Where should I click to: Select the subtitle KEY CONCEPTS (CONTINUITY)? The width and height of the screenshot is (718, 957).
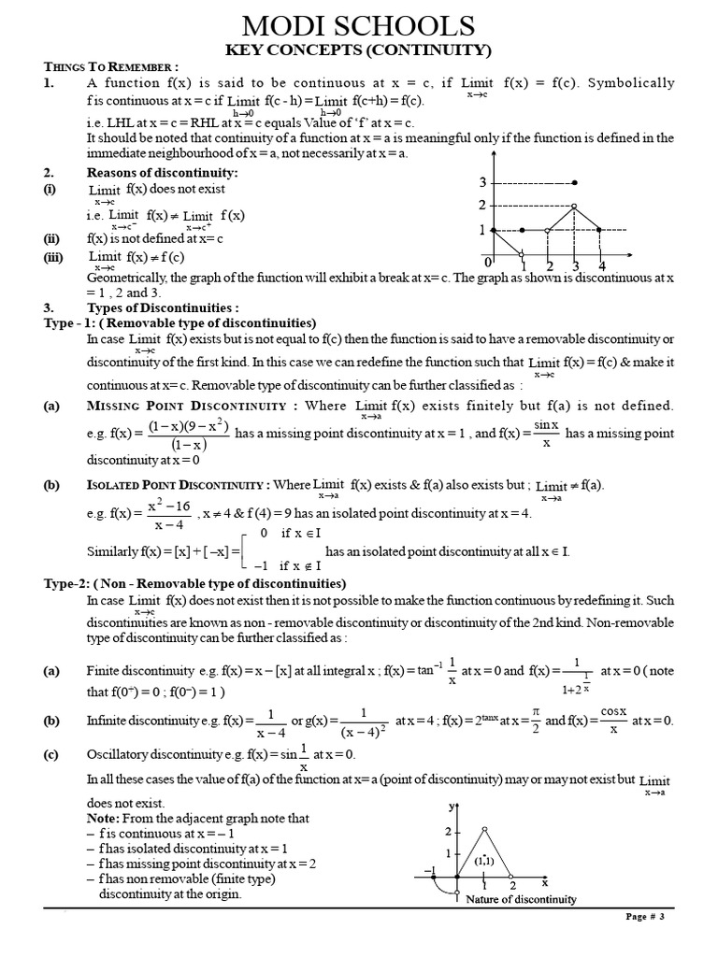pos(359,50)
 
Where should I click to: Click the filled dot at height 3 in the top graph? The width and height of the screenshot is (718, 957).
pos(574,182)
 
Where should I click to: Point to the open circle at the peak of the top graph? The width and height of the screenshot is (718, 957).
pos(574,206)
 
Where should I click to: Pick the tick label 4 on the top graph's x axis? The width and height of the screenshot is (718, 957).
pos(602,266)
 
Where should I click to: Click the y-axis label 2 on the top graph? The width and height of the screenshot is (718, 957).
pos(482,206)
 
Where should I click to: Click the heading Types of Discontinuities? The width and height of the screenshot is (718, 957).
pos(163,307)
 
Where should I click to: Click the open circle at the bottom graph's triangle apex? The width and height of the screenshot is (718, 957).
pos(483,829)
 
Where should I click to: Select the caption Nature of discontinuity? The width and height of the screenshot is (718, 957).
pos(521,900)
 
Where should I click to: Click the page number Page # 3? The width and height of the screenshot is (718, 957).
pos(644,917)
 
